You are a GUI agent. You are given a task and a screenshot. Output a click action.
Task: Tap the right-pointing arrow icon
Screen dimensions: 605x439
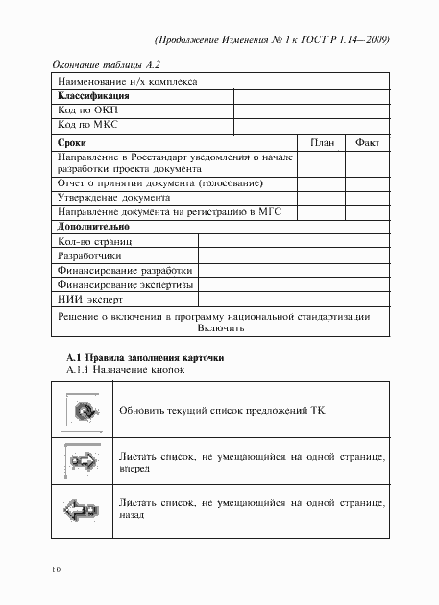[x=83, y=463]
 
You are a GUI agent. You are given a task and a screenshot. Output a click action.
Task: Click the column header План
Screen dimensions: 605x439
[x=322, y=141]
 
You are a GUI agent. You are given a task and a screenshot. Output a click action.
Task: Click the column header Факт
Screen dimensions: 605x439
[x=368, y=141]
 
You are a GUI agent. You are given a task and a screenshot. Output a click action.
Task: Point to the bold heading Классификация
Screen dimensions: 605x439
[x=94, y=97]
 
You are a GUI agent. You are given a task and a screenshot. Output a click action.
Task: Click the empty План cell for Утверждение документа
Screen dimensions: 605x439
[x=322, y=197]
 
